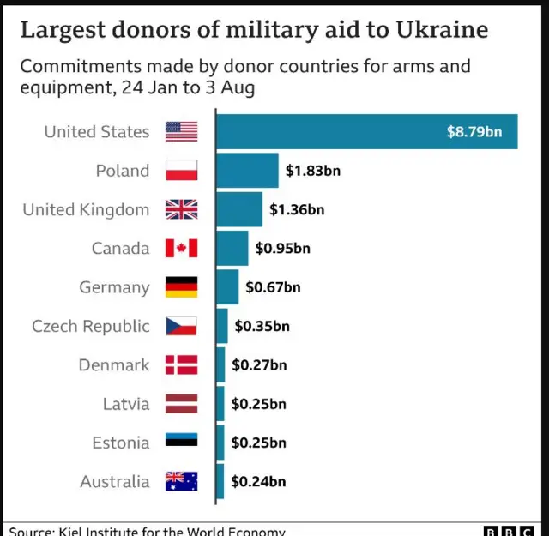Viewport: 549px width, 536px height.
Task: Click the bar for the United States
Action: click(x=366, y=131)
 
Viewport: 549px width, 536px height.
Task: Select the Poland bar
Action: click(x=247, y=171)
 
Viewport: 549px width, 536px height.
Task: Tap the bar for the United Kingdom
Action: click(x=239, y=209)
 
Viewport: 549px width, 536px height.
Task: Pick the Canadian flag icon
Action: click(x=181, y=249)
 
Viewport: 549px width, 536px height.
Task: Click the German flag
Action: click(x=181, y=287)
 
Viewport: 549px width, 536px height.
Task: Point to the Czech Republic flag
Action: click(x=181, y=326)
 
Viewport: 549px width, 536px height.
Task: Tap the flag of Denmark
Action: click(x=181, y=365)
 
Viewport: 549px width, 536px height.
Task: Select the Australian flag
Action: click(x=181, y=481)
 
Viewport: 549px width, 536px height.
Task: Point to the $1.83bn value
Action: click(x=313, y=171)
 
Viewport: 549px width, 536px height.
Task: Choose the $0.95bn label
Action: click(x=282, y=249)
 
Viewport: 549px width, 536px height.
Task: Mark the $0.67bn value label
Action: click(x=273, y=287)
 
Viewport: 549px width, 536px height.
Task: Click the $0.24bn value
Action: click(x=258, y=481)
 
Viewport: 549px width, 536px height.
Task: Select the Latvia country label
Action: click(x=126, y=404)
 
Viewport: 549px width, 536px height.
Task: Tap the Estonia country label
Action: click(x=121, y=443)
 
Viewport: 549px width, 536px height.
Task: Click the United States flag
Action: click(x=181, y=131)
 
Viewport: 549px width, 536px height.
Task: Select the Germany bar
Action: click(x=227, y=287)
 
